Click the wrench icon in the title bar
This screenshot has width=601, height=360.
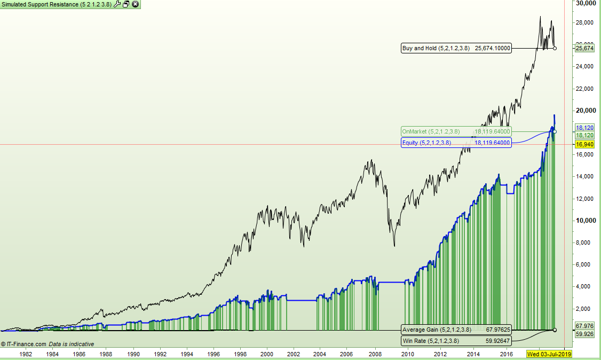pyautogui.click(x=117, y=4)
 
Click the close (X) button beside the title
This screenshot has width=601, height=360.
pyautogui.click(x=135, y=4)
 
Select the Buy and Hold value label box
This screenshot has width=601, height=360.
pyautogui.click(x=456, y=48)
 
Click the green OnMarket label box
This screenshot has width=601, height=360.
pyautogui.click(x=456, y=131)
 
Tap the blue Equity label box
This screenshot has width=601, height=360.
pyautogui.click(x=456, y=143)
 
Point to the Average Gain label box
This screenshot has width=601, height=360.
pyautogui.click(x=456, y=330)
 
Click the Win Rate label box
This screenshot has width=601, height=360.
pyautogui.click(x=456, y=341)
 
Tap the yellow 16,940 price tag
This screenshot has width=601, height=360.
pyautogui.click(x=585, y=144)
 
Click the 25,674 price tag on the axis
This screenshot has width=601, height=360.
pyautogui.click(x=585, y=48)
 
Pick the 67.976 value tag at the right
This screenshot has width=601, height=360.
pyautogui.click(x=585, y=325)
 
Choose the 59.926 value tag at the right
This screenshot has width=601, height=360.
pyautogui.click(x=585, y=334)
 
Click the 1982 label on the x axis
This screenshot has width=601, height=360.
pyautogui.click(x=26, y=354)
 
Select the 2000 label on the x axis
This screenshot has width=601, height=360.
pyautogui.click(x=267, y=354)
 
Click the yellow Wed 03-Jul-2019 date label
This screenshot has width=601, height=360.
pyautogui.click(x=549, y=354)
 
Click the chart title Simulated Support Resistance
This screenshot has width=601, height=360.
pyautogui.click(x=56, y=4)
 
